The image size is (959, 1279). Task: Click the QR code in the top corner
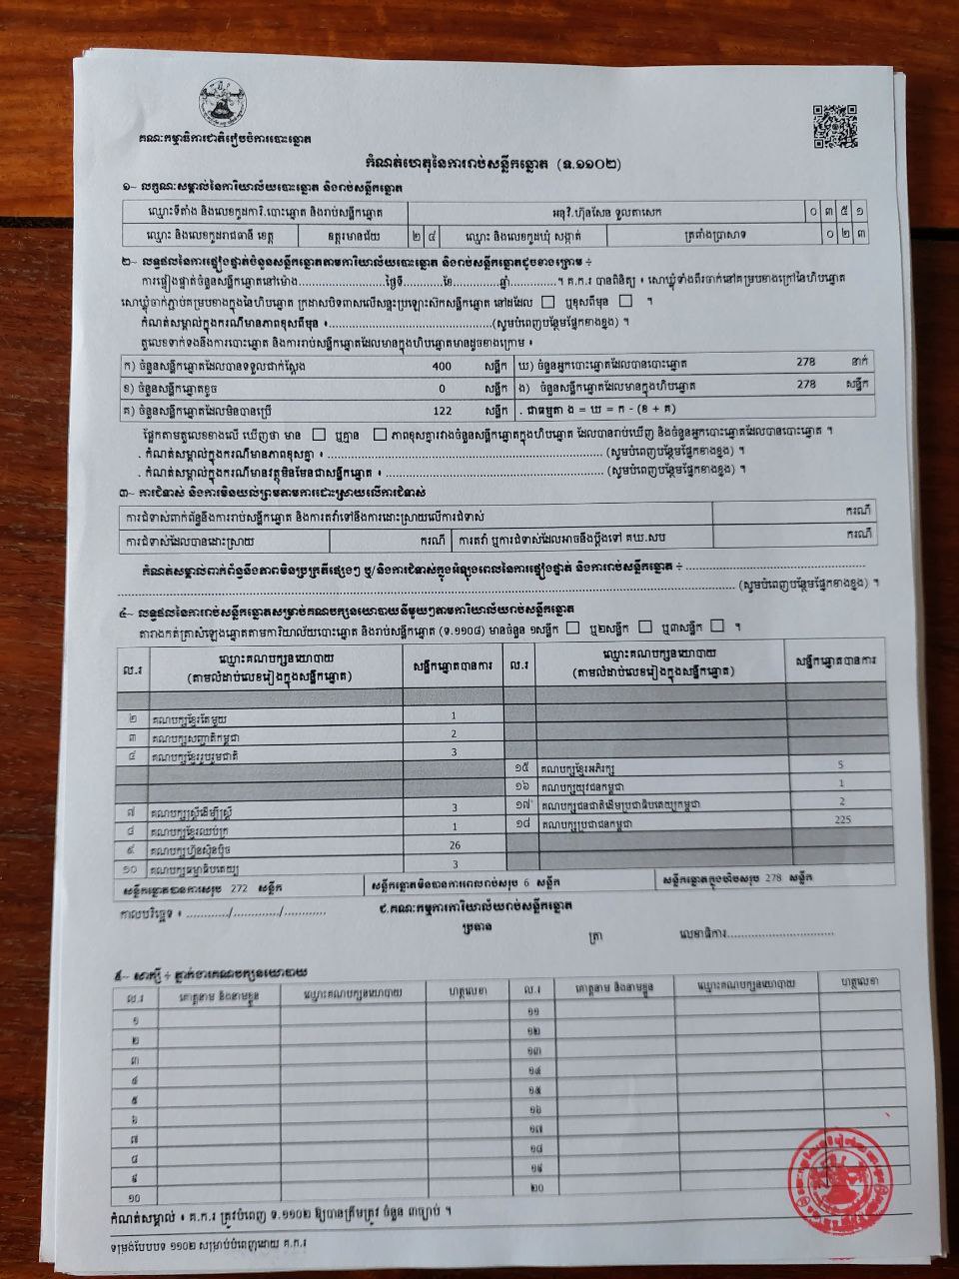coord(834,125)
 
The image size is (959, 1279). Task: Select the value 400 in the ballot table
coord(442,366)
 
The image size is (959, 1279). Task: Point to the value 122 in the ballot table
coord(442,410)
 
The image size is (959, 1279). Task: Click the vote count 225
coord(841,820)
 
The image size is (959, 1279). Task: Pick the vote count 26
coord(455,845)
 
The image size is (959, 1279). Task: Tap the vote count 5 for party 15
coord(841,764)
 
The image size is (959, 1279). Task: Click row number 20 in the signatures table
coord(536,1187)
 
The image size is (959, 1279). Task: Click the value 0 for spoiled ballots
coord(442,388)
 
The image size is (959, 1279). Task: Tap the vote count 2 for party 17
coord(841,801)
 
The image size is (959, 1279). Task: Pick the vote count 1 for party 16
coord(841,783)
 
